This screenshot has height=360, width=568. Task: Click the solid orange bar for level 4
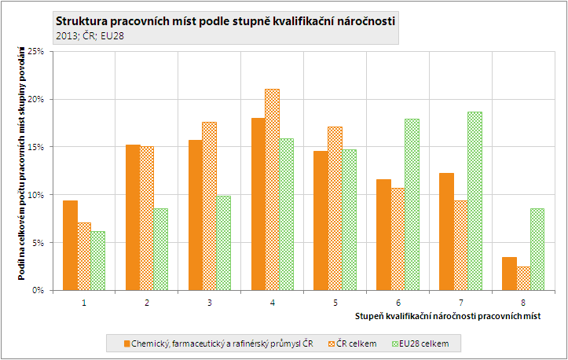(x=257, y=204)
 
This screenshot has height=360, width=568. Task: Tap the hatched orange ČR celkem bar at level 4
(x=272, y=189)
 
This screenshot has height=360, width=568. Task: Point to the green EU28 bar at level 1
(x=97, y=260)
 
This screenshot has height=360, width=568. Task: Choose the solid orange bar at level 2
(x=132, y=217)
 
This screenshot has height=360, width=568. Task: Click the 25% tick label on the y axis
(x=35, y=51)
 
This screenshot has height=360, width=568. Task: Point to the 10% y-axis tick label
(x=35, y=195)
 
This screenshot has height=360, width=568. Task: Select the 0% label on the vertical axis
(x=38, y=290)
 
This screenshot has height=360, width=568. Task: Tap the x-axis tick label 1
(x=83, y=302)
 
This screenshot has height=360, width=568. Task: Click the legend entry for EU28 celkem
(x=426, y=343)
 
